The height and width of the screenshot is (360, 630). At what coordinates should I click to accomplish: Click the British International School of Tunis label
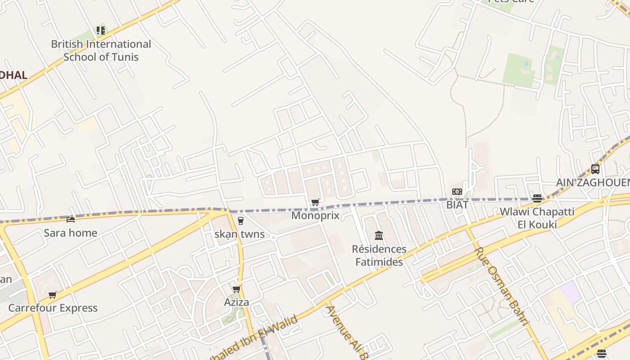pyautogui.click(x=101, y=50)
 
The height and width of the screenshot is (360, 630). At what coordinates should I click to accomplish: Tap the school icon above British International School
pyautogui.click(x=101, y=31)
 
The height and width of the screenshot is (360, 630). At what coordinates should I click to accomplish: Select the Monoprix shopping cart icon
pyautogui.click(x=315, y=202)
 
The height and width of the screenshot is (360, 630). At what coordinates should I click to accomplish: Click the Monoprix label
pyautogui.click(x=315, y=216)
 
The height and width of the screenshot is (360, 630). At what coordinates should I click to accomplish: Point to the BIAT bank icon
pyautogui.click(x=457, y=192)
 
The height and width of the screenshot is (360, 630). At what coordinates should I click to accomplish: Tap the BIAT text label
pyautogui.click(x=457, y=205)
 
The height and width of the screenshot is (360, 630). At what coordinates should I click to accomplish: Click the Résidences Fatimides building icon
pyautogui.click(x=379, y=235)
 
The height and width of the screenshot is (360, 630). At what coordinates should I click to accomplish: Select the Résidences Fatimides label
pyautogui.click(x=379, y=255)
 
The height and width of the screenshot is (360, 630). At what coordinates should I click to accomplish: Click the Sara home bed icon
pyautogui.click(x=71, y=219)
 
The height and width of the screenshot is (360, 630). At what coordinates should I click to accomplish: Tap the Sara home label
pyautogui.click(x=71, y=233)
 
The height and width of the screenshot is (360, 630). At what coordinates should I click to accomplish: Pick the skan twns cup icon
pyautogui.click(x=240, y=220)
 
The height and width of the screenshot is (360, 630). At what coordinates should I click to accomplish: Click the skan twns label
pyautogui.click(x=239, y=234)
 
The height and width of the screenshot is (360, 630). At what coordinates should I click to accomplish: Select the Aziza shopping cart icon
pyautogui.click(x=236, y=289)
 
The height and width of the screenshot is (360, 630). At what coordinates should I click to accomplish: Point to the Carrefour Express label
pyautogui.click(x=53, y=308)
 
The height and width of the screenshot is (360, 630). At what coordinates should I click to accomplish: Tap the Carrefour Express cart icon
pyautogui.click(x=53, y=295)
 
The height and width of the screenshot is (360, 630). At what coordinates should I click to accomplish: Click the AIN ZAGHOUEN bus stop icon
pyautogui.click(x=595, y=169)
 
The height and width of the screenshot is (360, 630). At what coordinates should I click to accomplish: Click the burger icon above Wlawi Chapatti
pyautogui.click(x=537, y=198)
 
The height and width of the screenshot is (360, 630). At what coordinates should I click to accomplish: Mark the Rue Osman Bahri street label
pyautogui.click(x=501, y=285)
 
